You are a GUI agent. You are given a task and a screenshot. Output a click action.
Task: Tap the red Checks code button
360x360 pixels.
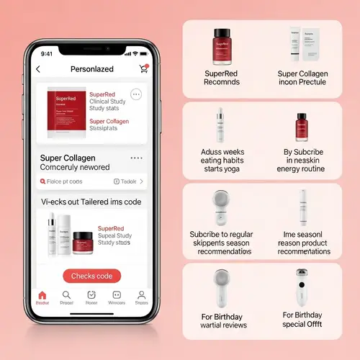91,276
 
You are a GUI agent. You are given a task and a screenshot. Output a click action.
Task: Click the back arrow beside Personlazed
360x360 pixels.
38,69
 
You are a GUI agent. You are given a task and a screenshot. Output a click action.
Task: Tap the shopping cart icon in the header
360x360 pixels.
143,68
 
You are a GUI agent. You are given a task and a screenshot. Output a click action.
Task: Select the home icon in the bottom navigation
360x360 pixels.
42,295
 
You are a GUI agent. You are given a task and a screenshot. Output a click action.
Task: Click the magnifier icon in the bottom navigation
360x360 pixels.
66,295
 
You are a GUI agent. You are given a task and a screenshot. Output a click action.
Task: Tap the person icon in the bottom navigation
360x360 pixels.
141,295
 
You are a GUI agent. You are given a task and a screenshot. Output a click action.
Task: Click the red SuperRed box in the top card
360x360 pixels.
66,114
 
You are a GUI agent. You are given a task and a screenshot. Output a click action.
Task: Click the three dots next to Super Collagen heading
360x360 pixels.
136,158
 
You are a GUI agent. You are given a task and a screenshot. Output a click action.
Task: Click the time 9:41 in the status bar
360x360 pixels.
48,53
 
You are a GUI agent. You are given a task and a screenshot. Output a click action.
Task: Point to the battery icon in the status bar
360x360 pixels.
145,53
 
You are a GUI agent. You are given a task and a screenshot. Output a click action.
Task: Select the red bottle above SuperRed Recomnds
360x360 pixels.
222,45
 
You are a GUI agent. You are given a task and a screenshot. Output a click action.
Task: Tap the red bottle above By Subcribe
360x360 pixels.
302,128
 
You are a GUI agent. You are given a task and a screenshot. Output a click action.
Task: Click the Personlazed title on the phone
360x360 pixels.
92,69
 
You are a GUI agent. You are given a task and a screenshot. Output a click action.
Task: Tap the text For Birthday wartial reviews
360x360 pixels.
223,320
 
